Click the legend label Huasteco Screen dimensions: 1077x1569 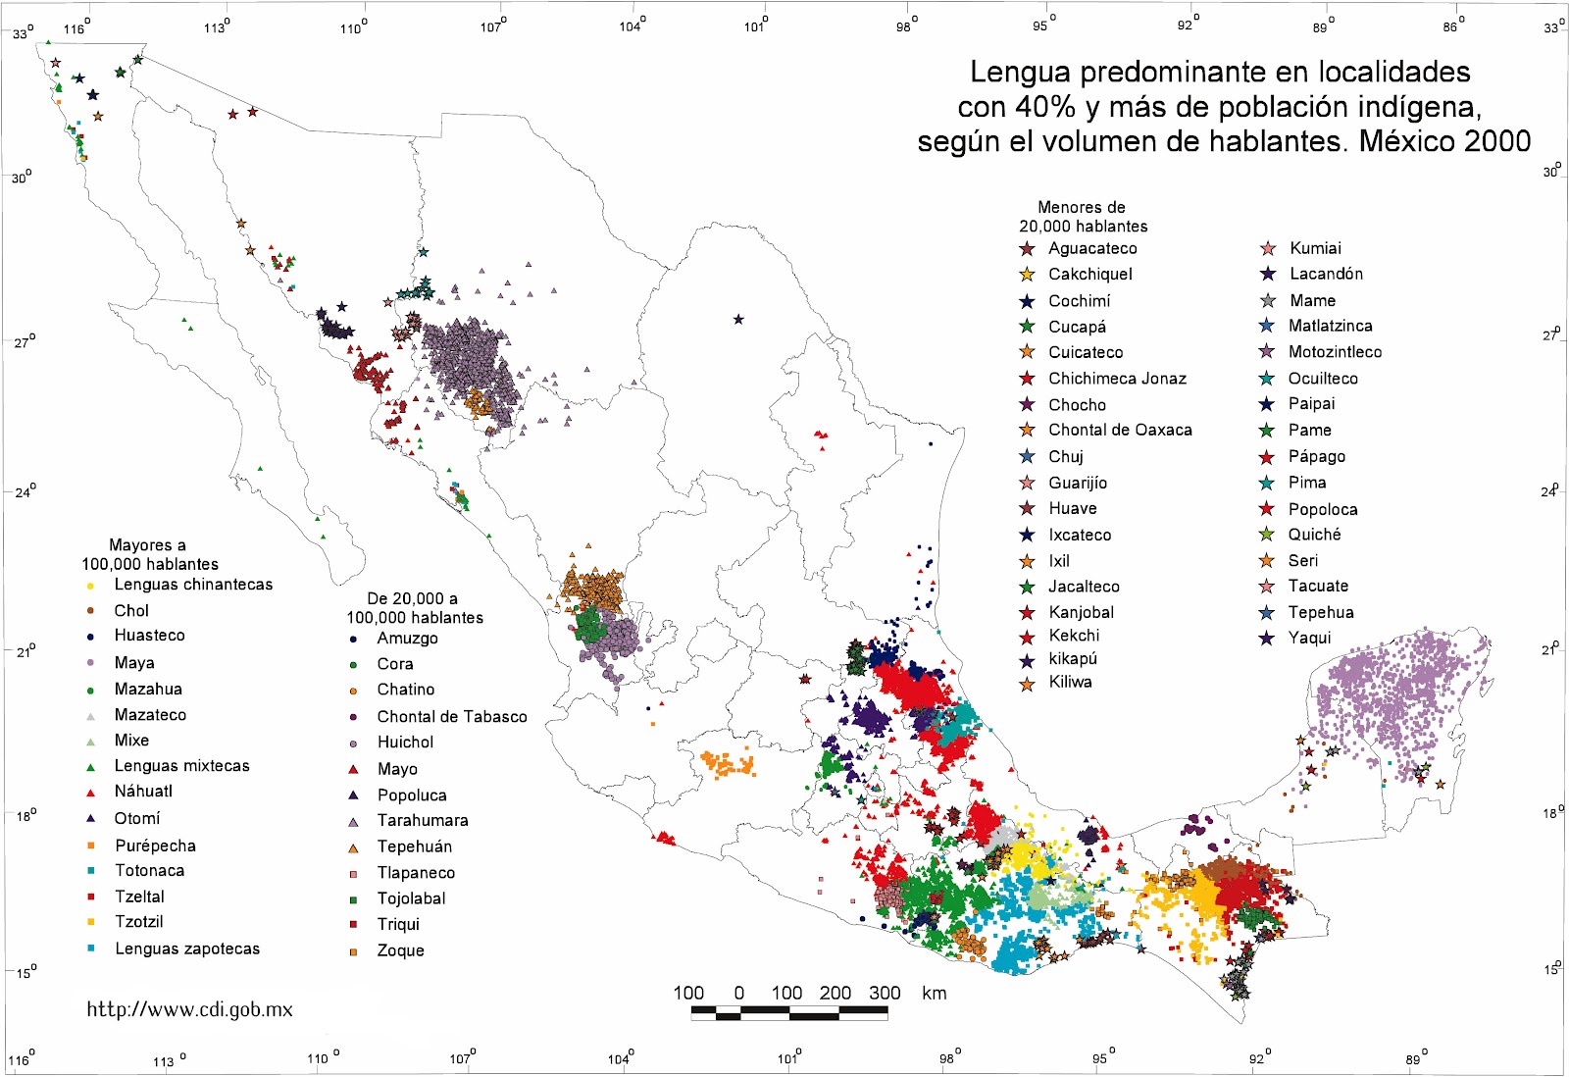[149, 636]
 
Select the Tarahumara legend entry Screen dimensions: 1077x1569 [423, 821]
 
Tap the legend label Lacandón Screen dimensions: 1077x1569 [1326, 274]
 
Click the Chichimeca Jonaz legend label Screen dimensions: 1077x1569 [1117, 379]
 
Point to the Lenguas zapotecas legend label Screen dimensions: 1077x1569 [187, 949]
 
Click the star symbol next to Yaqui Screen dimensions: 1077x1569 [1267, 638]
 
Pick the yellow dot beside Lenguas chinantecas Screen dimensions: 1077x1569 [90, 586]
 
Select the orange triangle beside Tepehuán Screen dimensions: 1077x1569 [353, 847]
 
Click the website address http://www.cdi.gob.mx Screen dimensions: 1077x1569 [189, 1009]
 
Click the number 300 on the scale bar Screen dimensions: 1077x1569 [885, 993]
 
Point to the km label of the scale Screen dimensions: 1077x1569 [935, 993]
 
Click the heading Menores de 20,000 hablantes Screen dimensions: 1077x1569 [1082, 217]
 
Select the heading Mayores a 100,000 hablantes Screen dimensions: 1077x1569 [149, 554]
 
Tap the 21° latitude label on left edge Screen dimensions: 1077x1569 [25, 651]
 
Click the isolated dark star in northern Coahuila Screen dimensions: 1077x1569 [738, 319]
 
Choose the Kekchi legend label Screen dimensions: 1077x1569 [1074, 636]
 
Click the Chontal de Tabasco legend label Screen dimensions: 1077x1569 [451, 717]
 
